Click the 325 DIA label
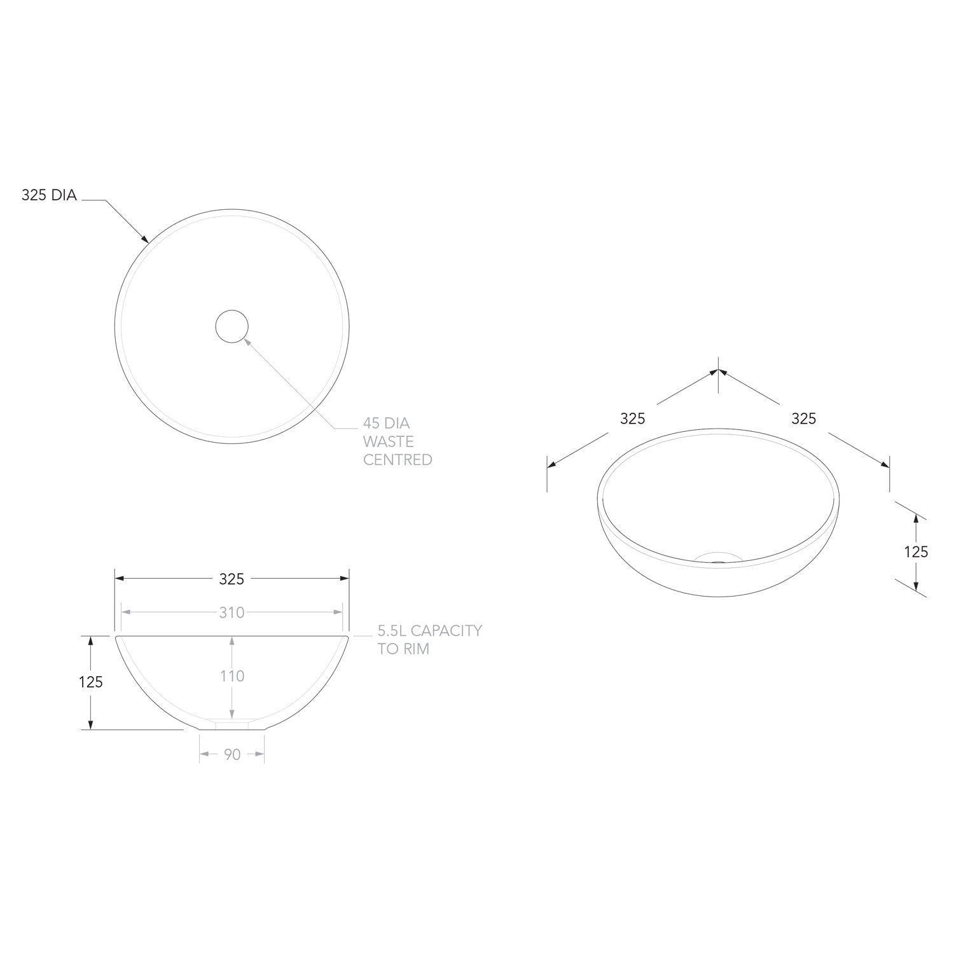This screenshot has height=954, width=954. tap(49, 195)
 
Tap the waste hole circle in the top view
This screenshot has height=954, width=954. tap(232, 310)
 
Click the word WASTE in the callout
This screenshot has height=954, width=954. tap(388, 441)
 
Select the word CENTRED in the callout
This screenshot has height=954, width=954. tap(397, 460)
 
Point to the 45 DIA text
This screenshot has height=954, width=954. tap(386, 423)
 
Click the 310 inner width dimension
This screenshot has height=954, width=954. tap(232, 612)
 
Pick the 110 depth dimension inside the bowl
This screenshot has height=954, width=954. tap(232, 676)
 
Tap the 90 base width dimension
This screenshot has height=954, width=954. tap(232, 754)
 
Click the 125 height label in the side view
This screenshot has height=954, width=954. tap(91, 682)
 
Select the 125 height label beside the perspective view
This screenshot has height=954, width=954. tap(916, 551)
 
